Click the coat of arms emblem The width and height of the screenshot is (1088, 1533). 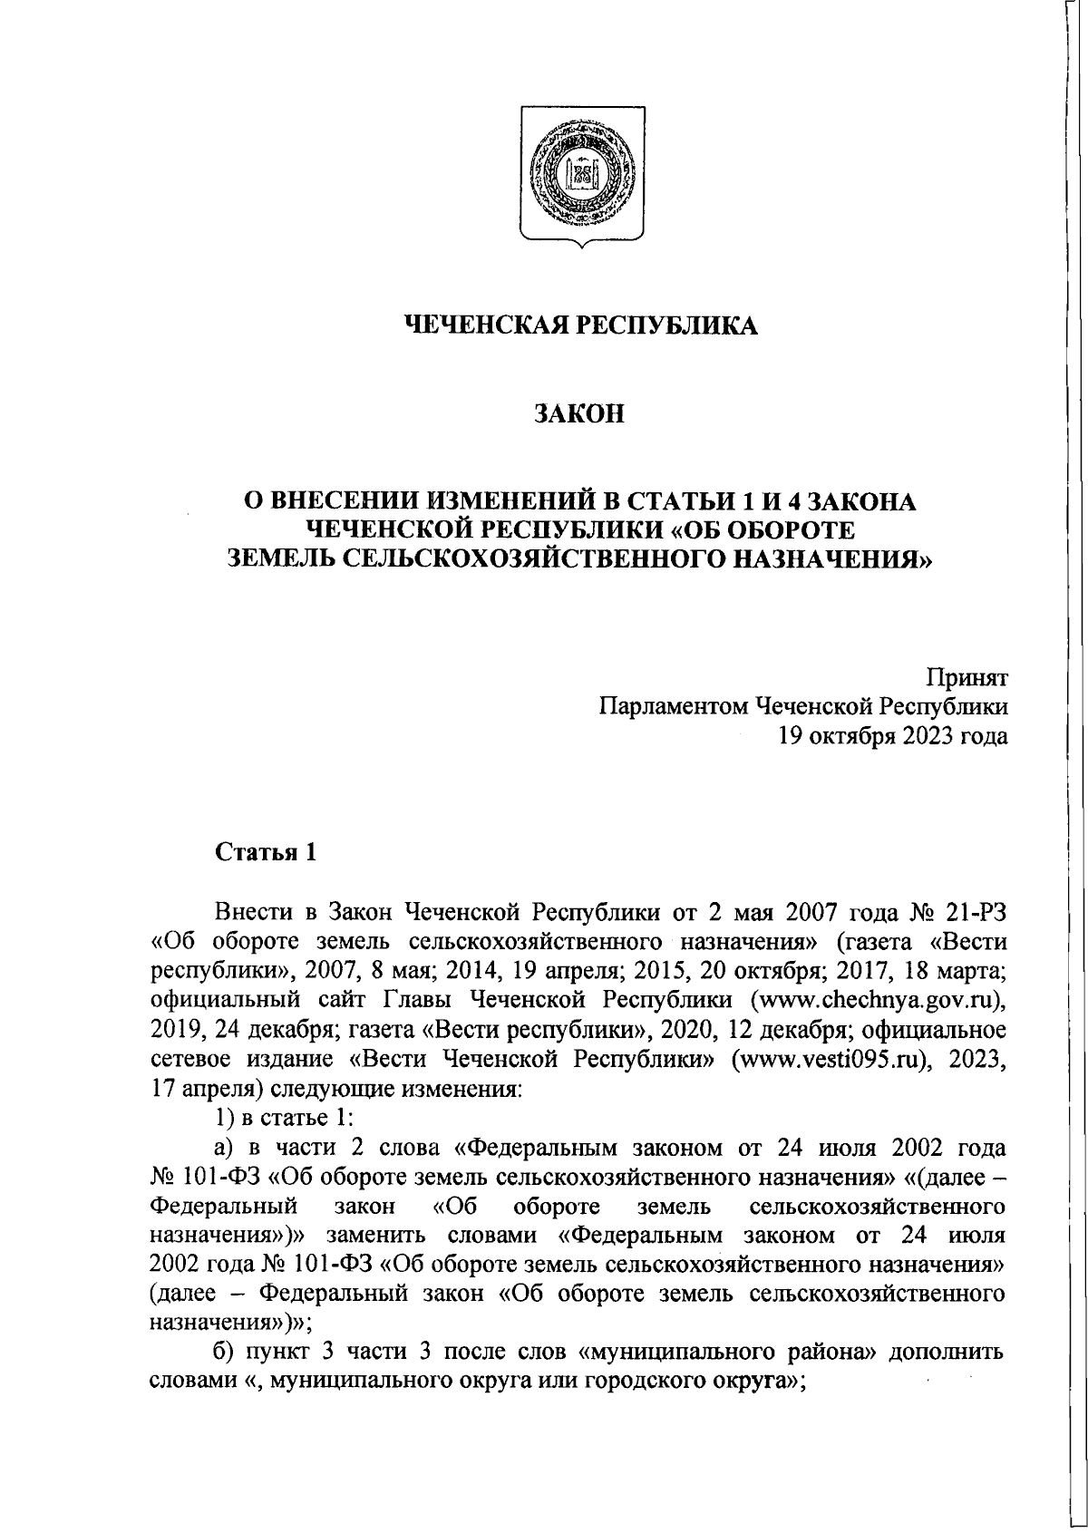click(x=578, y=172)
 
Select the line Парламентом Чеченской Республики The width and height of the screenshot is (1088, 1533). click(x=803, y=707)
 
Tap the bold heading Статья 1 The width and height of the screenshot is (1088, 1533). click(x=263, y=852)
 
